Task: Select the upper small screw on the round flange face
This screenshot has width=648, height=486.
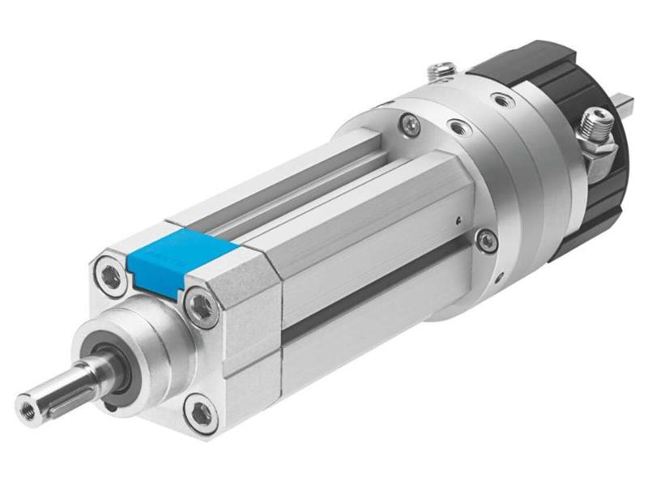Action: coord(411,123)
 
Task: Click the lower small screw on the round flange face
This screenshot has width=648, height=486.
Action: coord(485,238)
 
